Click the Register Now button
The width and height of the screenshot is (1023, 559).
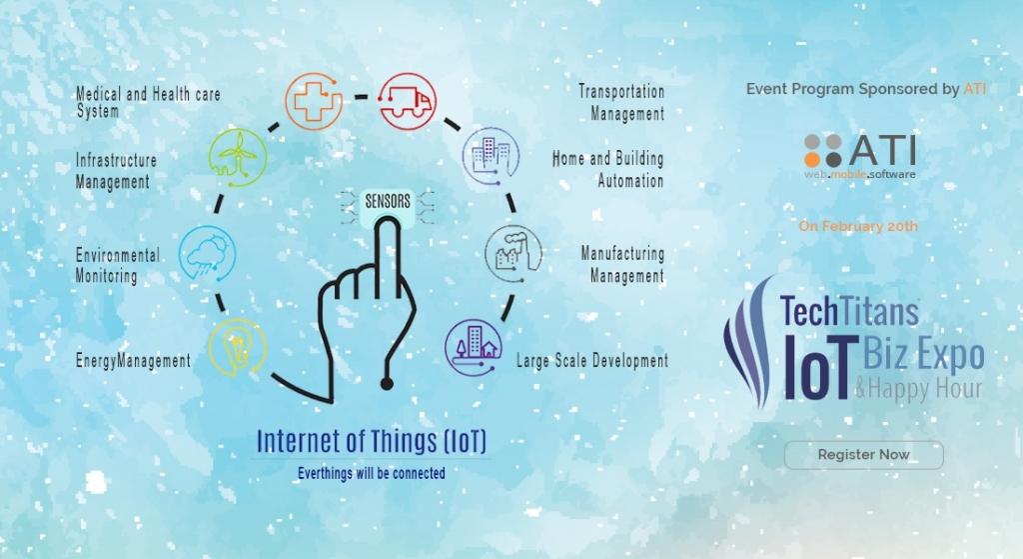coord(863,455)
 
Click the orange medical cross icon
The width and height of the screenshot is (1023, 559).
coord(314,100)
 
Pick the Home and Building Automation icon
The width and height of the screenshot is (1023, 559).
coord(491,157)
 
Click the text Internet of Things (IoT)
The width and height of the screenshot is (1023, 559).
coord(372,441)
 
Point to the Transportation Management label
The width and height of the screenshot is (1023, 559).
coord(623,102)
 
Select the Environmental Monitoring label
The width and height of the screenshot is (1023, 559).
coord(117,265)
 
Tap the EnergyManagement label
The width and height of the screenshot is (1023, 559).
coord(133,361)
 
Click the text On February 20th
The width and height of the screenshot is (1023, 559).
coord(857,226)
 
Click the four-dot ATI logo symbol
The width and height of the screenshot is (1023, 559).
coord(824,151)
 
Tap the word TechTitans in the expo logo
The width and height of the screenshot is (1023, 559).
coord(849,311)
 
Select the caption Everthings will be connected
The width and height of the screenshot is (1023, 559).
coord(372,472)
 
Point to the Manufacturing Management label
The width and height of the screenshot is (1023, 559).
coord(624,264)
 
